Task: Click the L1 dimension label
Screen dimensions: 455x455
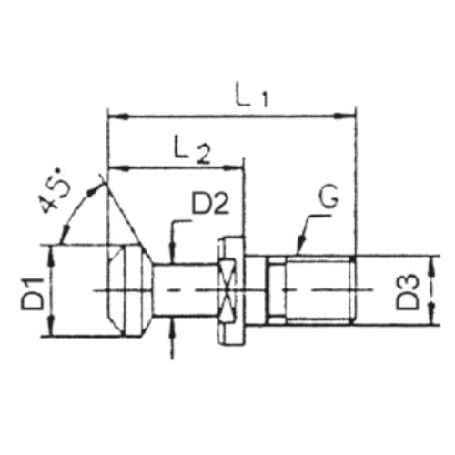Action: (x=252, y=96)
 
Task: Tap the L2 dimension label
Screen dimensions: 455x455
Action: (x=192, y=150)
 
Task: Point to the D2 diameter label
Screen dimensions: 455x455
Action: (x=210, y=201)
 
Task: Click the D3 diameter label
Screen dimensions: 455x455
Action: (x=407, y=292)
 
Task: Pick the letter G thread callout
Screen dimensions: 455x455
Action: (x=328, y=198)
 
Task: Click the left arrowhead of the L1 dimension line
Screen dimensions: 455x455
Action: (x=119, y=116)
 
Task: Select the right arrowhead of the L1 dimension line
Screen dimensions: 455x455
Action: (x=344, y=116)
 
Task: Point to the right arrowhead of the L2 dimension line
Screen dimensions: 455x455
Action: (x=233, y=167)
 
